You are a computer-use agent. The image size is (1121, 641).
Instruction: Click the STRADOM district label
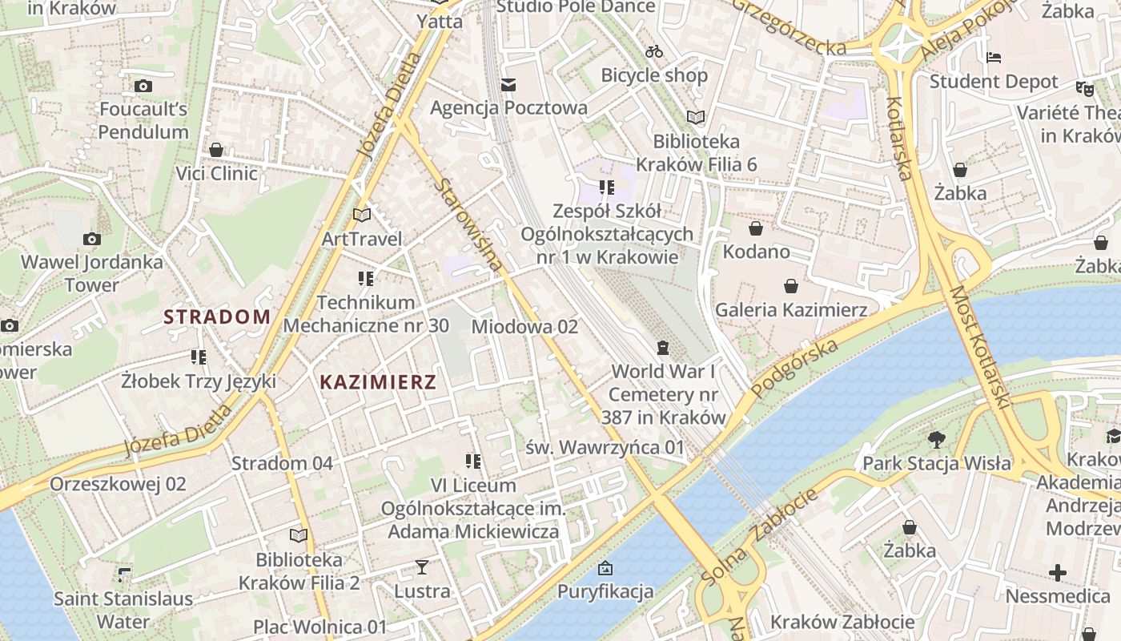[x=217, y=316]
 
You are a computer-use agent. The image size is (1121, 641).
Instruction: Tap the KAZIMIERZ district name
[x=378, y=382]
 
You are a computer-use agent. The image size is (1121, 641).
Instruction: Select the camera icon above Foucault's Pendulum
[x=143, y=86]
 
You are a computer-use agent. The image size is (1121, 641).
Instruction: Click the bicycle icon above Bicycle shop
[x=654, y=51]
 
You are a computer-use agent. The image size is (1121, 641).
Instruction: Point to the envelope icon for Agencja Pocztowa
[x=508, y=85]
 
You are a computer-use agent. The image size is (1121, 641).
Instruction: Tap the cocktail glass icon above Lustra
[x=422, y=567]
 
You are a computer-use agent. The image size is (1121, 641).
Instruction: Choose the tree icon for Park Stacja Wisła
[x=936, y=439]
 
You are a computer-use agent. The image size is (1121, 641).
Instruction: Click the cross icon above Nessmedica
[x=1058, y=573]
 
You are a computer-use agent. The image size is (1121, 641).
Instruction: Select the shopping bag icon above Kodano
[x=756, y=229]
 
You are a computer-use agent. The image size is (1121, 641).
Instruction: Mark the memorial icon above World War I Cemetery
[x=662, y=348]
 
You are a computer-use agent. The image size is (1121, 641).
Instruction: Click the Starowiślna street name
[x=470, y=225]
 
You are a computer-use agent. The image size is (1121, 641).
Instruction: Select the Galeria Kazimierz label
[x=791, y=309]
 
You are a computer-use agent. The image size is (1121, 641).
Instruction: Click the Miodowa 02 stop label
[x=524, y=327]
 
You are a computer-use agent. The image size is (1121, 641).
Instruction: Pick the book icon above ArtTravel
[x=362, y=215]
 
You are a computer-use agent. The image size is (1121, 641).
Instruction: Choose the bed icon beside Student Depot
[x=994, y=58]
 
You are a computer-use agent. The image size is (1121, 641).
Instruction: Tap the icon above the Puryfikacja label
[x=605, y=568]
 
